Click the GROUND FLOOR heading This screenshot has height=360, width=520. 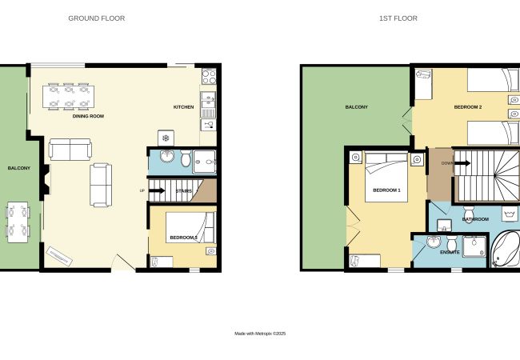(x=97, y=18)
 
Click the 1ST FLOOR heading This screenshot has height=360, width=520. (x=398, y=18)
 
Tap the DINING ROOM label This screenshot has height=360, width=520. (x=88, y=116)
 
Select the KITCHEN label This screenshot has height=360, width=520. (x=184, y=107)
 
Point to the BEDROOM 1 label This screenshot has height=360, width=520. (x=386, y=190)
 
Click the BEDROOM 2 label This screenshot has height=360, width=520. (x=468, y=107)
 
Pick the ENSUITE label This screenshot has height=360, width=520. (x=450, y=252)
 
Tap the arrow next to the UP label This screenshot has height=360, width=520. (x=157, y=190)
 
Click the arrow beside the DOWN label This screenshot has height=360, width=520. (x=462, y=163)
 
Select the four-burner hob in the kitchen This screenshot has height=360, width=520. (x=209, y=77)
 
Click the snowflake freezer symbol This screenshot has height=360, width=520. (x=166, y=138)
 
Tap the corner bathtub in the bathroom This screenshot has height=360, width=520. (x=505, y=250)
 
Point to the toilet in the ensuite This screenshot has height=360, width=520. (x=451, y=243)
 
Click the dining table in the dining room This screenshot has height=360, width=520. (x=68, y=97)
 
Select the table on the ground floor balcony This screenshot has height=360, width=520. (x=18, y=222)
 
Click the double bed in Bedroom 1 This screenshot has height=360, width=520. (x=386, y=177)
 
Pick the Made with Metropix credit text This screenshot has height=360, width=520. (x=260, y=334)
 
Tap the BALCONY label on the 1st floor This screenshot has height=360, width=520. (x=357, y=107)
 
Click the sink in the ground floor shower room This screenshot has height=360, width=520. (x=167, y=157)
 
